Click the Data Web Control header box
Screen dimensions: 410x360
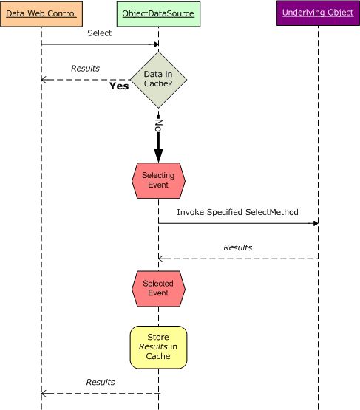(41, 13)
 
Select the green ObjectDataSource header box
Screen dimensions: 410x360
(158, 13)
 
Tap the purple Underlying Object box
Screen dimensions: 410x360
(318, 13)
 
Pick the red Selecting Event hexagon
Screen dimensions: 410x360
(158, 180)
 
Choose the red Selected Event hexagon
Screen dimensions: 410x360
(158, 288)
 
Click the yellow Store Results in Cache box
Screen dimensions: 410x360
(158, 346)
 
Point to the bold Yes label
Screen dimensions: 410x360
(119, 86)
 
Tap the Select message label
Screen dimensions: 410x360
(100, 33)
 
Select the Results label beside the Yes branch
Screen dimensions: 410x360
(85, 69)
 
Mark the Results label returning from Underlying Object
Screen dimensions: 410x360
(237, 247)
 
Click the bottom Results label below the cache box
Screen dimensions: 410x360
(101, 382)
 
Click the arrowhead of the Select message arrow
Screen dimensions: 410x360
(155, 44)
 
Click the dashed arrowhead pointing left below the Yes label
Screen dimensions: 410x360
(44, 79)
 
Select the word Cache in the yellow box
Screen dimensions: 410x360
(158, 356)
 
